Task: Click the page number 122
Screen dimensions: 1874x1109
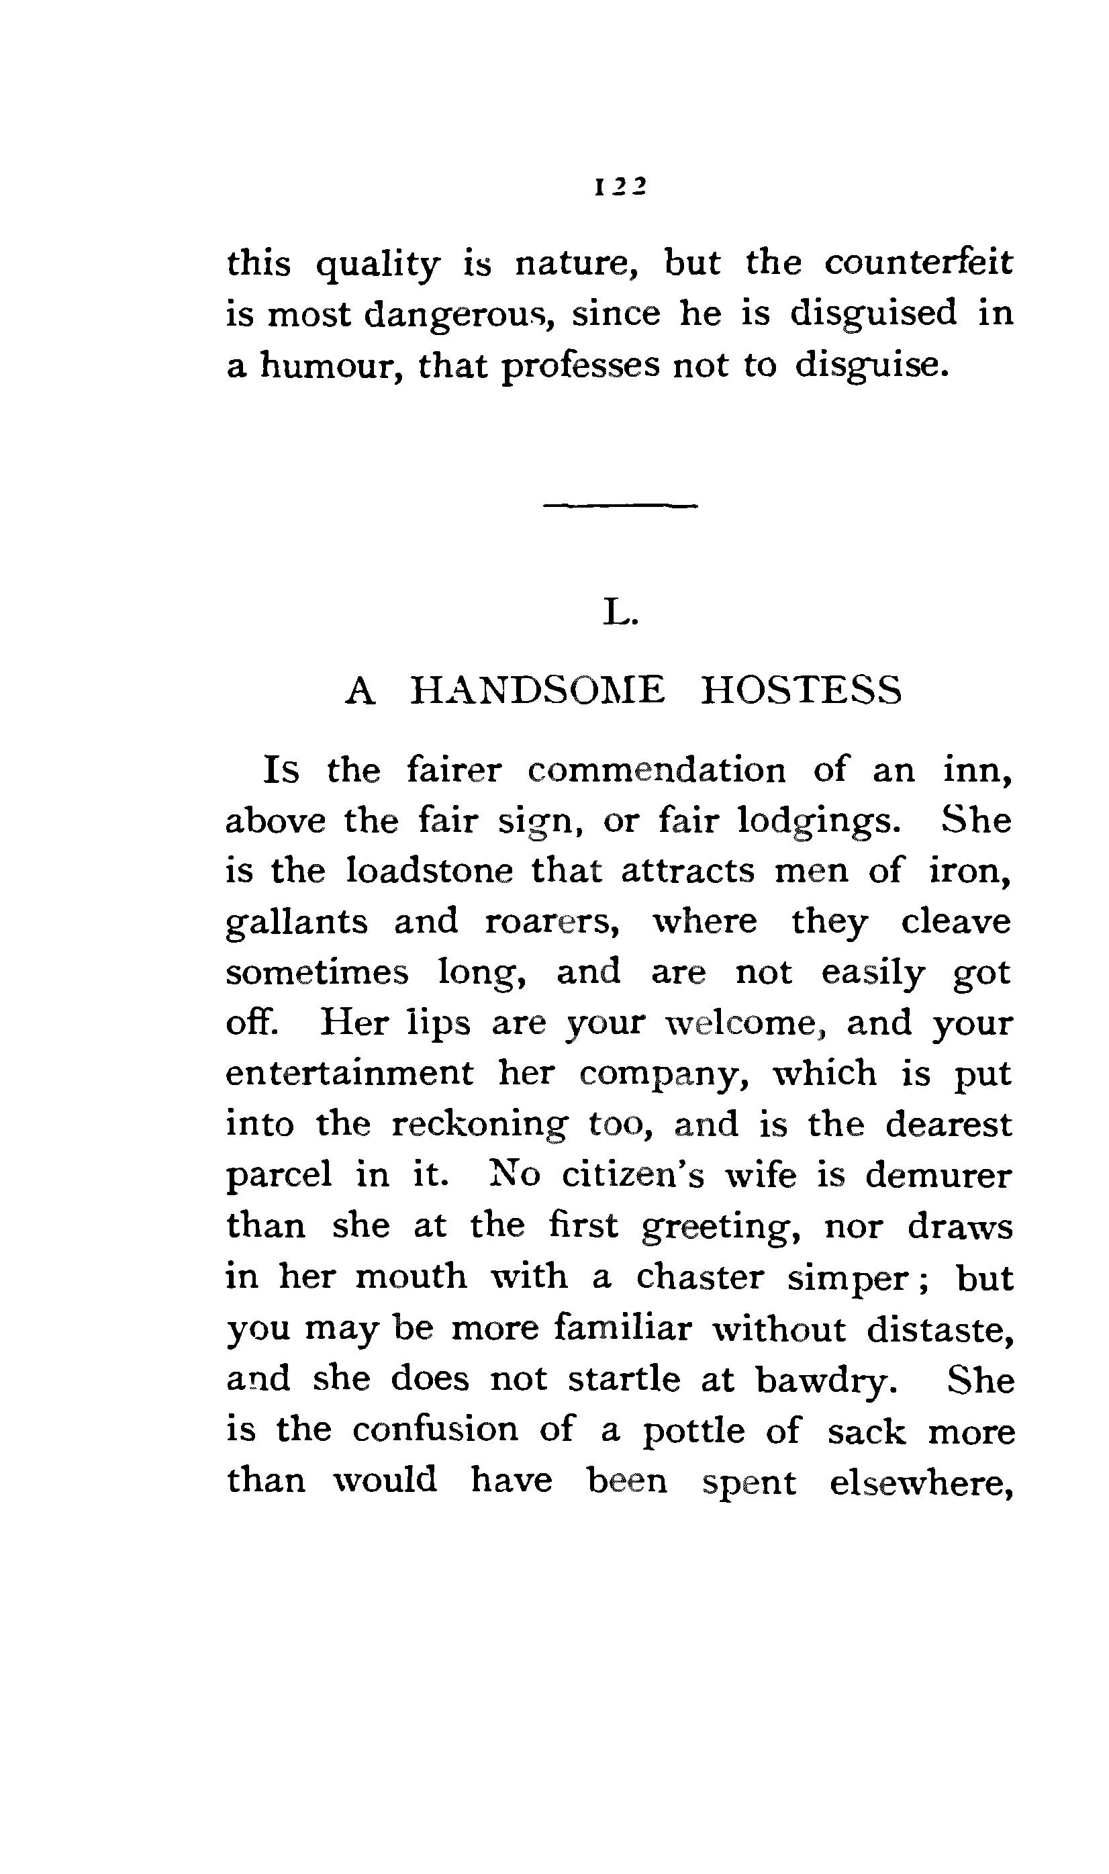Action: coord(620,186)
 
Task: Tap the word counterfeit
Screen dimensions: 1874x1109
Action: coord(918,263)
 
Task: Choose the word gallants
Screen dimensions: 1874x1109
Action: coord(297,922)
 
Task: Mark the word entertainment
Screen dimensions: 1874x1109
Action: coord(350,1073)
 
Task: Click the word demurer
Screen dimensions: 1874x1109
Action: coord(938,1174)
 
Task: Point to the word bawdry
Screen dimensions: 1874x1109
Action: coord(826,1379)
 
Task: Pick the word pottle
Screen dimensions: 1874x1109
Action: coord(693,1431)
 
